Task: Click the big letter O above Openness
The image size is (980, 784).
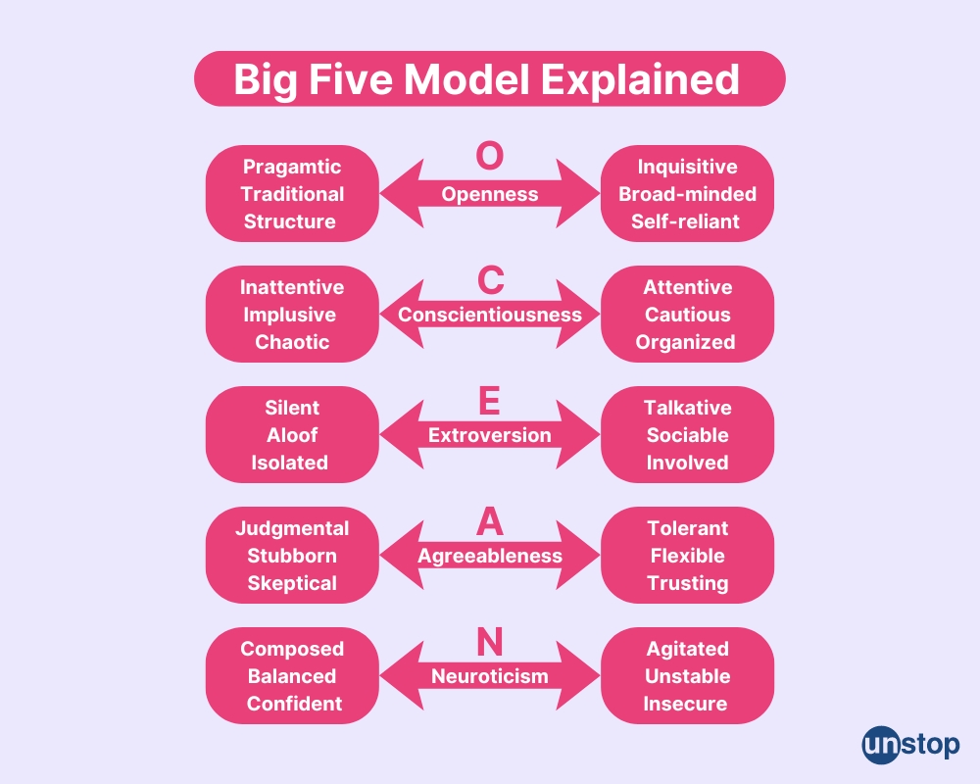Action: click(x=490, y=157)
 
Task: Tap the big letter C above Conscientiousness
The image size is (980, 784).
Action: click(x=490, y=279)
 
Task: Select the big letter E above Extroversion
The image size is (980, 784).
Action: click(x=490, y=400)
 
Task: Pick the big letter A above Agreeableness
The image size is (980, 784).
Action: click(x=490, y=521)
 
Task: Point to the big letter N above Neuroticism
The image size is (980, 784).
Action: click(x=490, y=642)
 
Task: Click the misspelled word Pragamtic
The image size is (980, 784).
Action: click(x=292, y=167)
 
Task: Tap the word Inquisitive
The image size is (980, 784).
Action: click(x=687, y=167)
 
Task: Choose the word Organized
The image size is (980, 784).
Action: click(x=685, y=342)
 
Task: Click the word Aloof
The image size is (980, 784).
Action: click(x=292, y=435)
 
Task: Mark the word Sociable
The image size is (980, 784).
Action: click(x=687, y=435)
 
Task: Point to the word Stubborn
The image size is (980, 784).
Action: click(x=292, y=556)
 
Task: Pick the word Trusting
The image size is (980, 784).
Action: click(x=687, y=583)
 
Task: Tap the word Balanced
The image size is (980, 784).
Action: click(x=292, y=676)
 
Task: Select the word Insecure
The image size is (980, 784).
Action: click(x=685, y=704)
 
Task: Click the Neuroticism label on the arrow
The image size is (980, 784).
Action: click(x=490, y=676)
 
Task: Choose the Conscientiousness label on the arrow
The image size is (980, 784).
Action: click(x=490, y=315)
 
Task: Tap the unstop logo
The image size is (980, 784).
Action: click(x=910, y=745)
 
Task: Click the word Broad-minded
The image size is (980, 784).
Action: click(x=687, y=194)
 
